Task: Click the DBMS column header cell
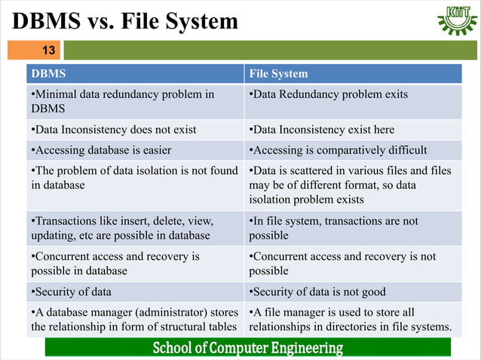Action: click(136, 74)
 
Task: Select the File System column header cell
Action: click(353, 74)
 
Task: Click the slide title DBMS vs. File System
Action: click(125, 22)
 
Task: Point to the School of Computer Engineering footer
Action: click(248, 348)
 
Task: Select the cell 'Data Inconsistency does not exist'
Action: click(136, 130)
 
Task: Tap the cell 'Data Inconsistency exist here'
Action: click(353, 130)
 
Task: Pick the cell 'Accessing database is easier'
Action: click(136, 149)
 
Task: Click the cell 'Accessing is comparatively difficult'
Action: click(353, 149)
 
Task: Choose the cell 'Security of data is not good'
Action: click(353, 292)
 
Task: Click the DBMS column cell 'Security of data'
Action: click(136, 292)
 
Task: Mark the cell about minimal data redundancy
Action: click(136, 101)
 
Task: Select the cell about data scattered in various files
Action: click(353, 185)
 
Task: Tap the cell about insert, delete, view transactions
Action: click(136, 228)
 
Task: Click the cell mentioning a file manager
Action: click(353, 319)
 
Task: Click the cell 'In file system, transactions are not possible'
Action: click(353, 228)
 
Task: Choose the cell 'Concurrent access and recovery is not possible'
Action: click(353, 264)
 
